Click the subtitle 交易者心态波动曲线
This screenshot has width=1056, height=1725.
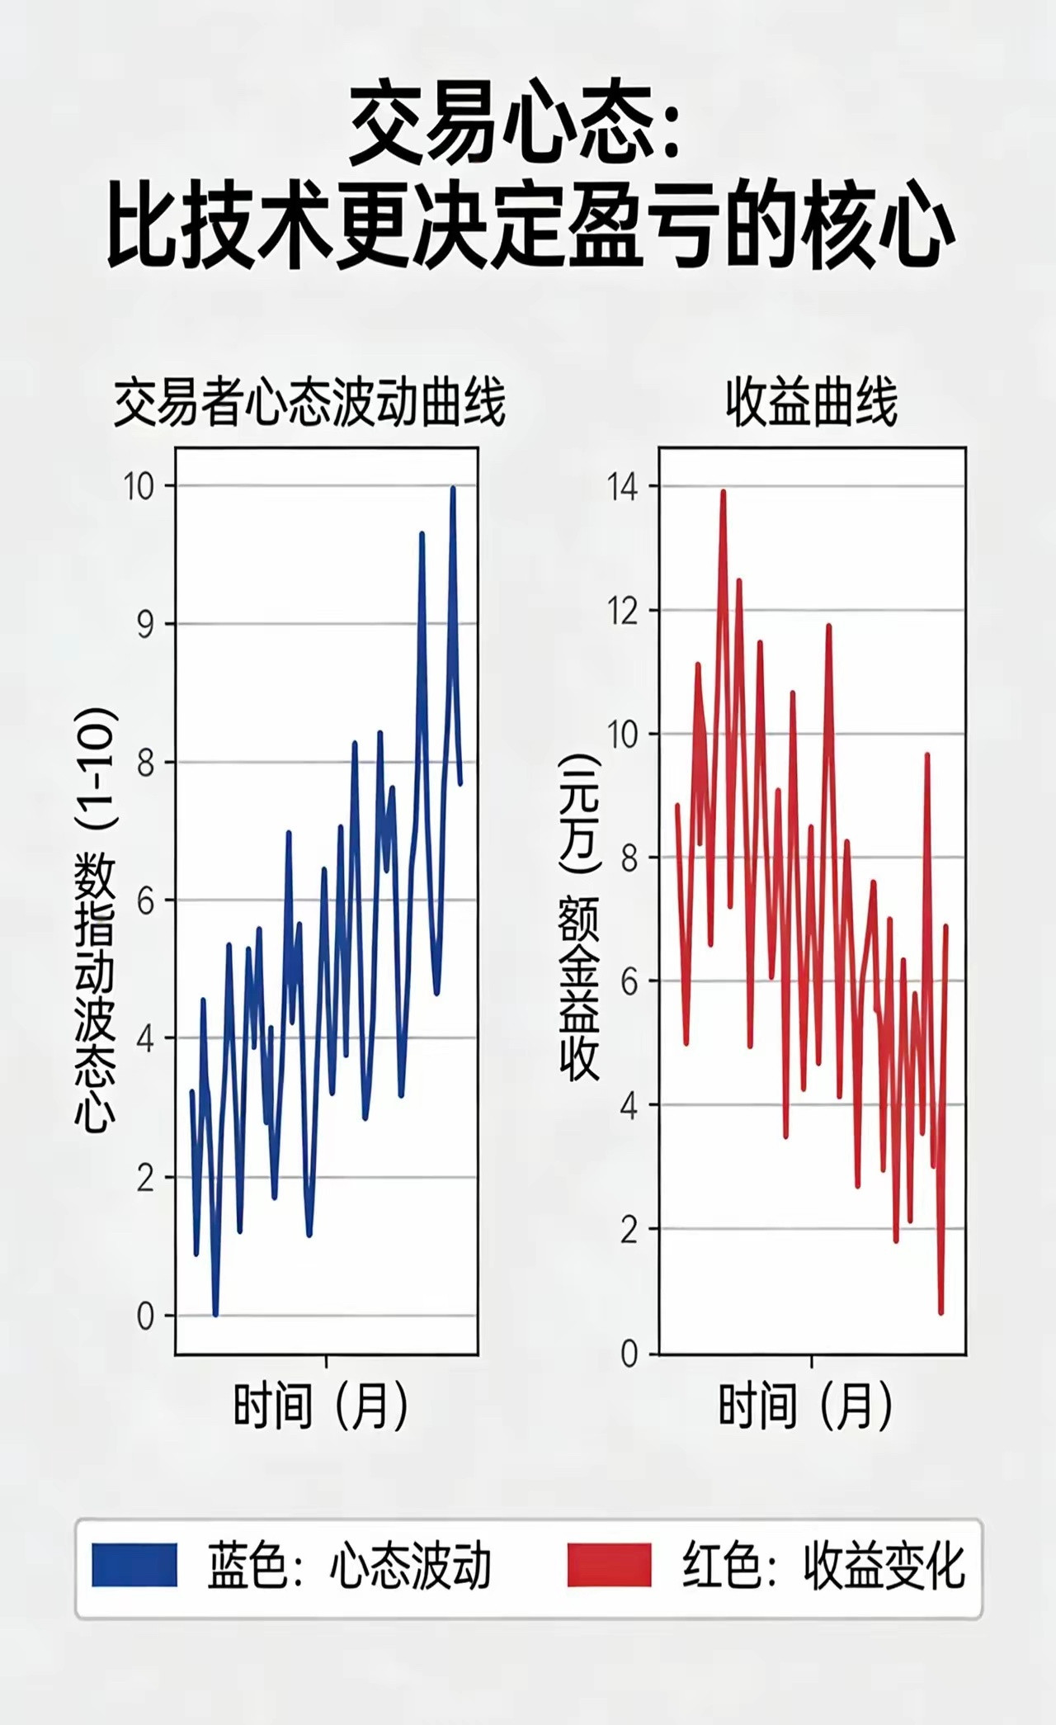coord(309,404)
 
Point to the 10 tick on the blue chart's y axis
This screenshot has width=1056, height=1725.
coord(139,487)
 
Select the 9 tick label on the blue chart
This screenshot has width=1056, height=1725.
coord(145,625)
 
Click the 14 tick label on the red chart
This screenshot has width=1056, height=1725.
coord(623,487)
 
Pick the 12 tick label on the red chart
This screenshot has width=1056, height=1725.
coord(623,612)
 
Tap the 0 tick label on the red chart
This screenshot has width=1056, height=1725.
coord(629,1354)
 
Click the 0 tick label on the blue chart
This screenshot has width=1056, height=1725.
coord(145,1316)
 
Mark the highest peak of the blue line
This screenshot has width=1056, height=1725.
coord(453,489)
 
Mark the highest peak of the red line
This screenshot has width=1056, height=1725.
coord(724,492)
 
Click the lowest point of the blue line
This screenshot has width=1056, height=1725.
coord(215,1314)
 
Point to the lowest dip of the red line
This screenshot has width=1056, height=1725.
coord(940,1312)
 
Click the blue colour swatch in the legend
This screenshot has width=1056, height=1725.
coord(134,1564)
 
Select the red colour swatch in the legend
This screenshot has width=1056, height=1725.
coord(609,1564)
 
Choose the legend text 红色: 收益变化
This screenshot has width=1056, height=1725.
coord(823,1566)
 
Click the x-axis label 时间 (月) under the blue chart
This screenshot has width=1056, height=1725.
coord(321,1406)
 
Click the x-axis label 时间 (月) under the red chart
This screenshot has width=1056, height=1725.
coord(806,1406)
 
